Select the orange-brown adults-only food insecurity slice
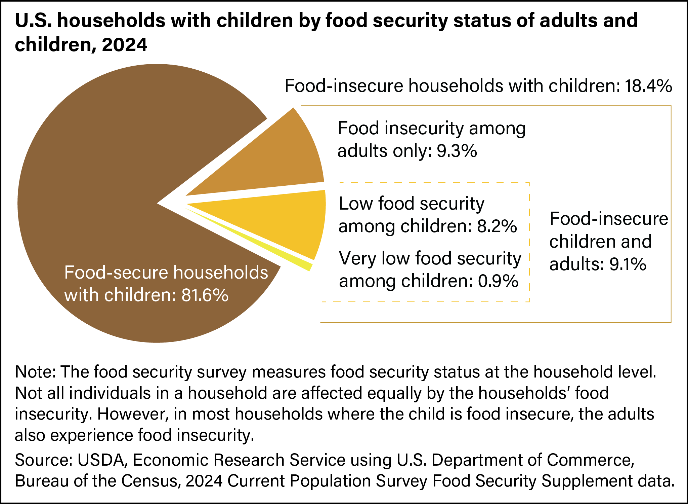coord(275,161)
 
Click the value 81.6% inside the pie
coord(205,295)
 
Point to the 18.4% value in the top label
coord(648,86)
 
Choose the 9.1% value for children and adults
coord(628,264)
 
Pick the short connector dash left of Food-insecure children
coord(540,243)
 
